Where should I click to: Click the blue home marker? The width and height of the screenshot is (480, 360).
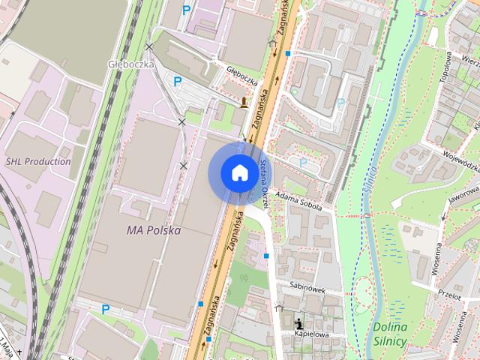click(x=239, y=173)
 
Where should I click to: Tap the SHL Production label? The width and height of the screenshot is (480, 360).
click(x=38, y=161)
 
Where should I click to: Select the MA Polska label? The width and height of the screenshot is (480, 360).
click(x=154, y=231)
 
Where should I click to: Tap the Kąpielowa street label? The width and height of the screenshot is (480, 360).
click(x=313, y=333)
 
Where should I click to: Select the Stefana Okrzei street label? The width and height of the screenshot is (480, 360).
click(x=264, y=181)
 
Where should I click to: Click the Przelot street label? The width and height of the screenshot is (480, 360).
click(x=450, y=295)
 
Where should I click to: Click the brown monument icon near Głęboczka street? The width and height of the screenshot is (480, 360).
click(x=244, y=103)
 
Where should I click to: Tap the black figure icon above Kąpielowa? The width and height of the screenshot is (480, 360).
click(x=299, y=319)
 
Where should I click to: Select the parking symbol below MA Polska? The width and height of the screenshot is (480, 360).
click(x=106, y=308)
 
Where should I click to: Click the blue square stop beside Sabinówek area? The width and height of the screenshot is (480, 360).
click(x=266, y=256)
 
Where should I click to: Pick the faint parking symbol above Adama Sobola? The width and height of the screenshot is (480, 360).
click(x=303, y=161)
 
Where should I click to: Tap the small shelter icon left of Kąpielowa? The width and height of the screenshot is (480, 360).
click(x=279, y=306)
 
